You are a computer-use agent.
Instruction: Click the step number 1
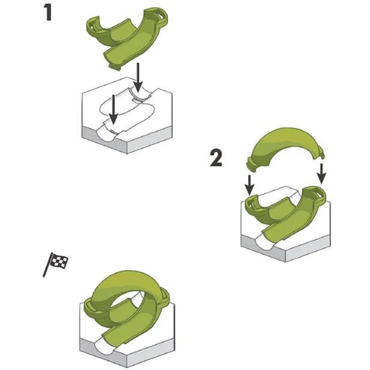[48, 13]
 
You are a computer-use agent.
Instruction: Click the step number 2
[216, 158]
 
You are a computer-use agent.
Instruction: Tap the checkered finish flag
[55, 264]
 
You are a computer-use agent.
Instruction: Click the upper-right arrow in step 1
[138, 78]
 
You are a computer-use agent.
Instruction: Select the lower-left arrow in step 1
[113, 110]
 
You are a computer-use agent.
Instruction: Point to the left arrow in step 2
[249, 185]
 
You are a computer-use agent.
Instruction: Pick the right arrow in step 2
[321, 174]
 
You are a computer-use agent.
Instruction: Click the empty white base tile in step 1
[127, 115]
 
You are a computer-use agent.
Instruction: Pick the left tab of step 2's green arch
[252, 163]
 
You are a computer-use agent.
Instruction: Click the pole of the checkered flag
[47, 265]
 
